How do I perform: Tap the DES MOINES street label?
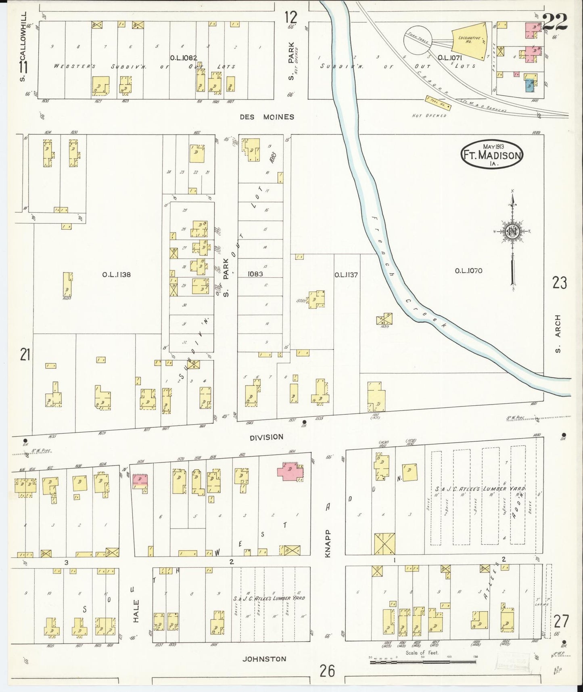tap(267, 117)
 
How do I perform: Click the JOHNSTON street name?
tap(264, 659)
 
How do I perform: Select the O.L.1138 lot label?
tap(116, 275)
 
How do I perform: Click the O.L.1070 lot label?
tap(468, 271)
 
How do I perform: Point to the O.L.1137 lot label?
tap(346, 275)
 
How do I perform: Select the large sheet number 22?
tap(555, 21)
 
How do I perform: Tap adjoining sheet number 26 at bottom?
tap(327, 671)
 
